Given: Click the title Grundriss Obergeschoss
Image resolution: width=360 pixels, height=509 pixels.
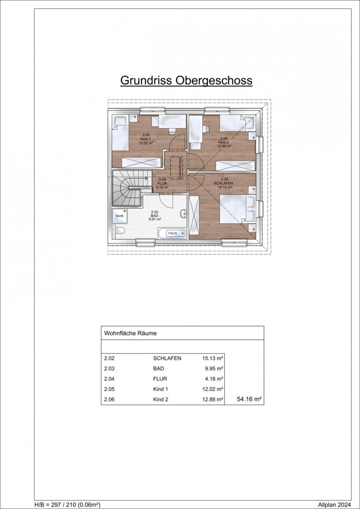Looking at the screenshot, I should (186, 81).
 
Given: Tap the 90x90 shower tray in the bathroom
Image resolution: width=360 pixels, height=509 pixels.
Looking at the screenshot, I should (119, 216).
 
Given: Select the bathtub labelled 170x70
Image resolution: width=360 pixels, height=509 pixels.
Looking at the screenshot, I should (173, 233).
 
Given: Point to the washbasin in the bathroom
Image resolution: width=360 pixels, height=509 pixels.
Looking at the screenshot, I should (184, 214).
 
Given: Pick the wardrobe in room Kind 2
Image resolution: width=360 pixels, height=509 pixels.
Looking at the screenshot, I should (235, 166).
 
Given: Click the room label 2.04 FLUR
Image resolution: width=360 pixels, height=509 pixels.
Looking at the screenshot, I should (162, 183).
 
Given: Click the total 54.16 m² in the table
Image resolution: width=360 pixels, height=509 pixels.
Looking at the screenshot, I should (249, 399).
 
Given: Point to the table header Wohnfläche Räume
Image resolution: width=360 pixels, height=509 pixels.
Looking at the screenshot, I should (130, 333).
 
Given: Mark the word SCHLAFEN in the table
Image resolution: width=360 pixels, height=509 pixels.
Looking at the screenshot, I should (167, 358).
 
